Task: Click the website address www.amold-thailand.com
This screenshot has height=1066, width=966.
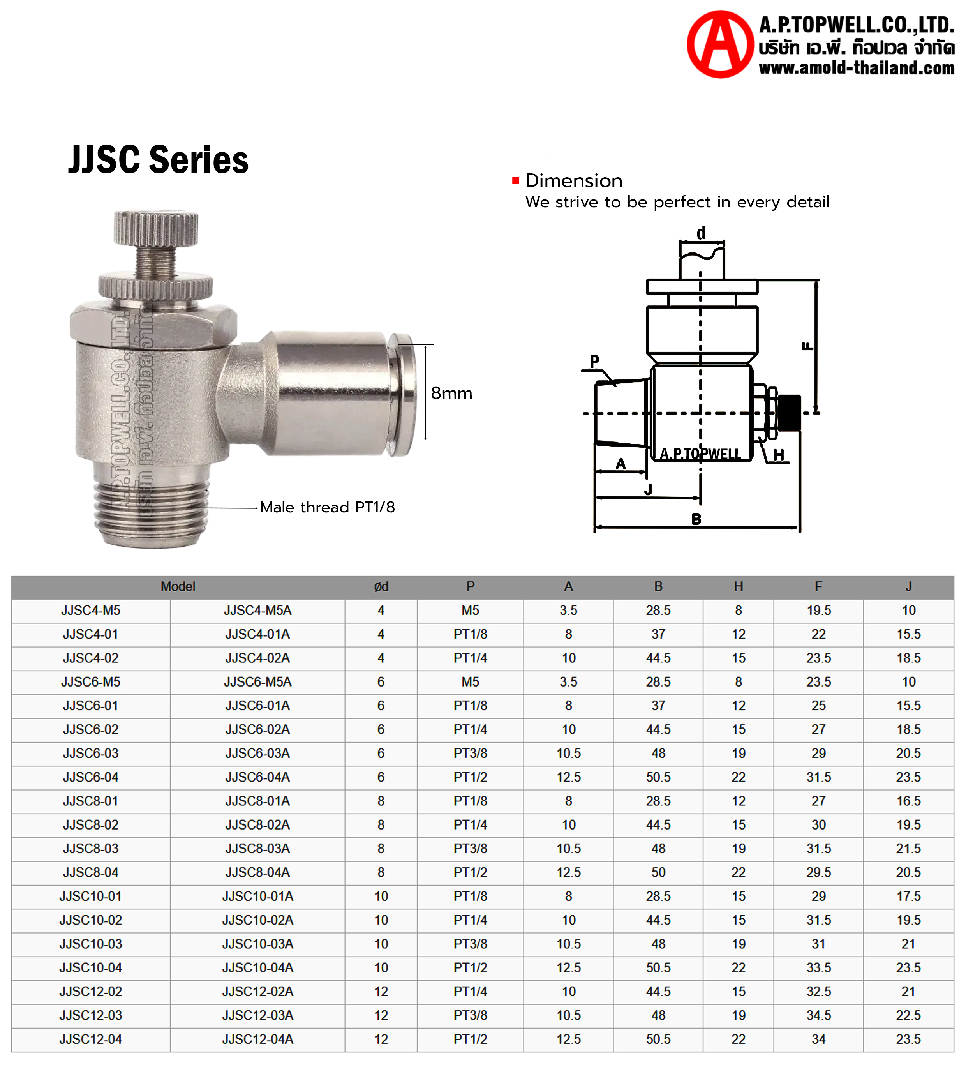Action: tap(856, 68)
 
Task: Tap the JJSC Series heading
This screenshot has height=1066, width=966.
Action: tap(158, 160)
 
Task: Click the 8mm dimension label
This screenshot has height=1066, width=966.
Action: tap(451, 393)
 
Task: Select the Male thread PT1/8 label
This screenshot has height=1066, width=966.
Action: tap(327, 507)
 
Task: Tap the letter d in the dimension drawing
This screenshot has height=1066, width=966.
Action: tap(701, 233)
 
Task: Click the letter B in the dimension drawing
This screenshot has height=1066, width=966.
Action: tap(696, 519)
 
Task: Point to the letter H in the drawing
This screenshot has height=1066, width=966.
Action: tap(779, 455)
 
